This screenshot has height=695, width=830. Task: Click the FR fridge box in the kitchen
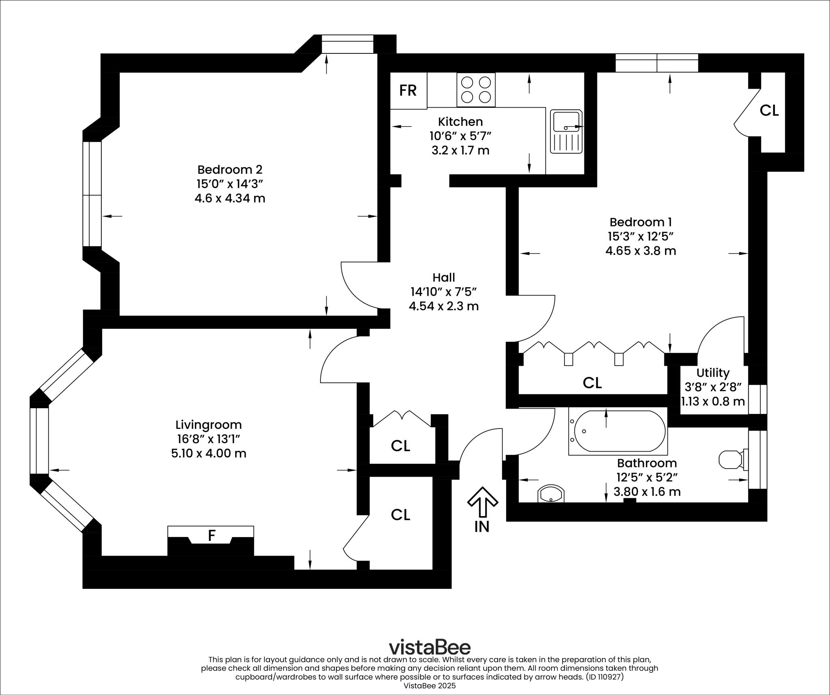[x=408, y=90]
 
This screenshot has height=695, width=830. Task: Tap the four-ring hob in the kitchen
[x=476, y=90]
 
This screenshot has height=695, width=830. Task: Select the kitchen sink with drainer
[x=566, y=131]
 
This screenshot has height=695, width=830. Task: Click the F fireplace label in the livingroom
[x=211, y=536]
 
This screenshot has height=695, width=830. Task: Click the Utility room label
[x=713, y=373]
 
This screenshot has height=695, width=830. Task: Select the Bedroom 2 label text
[x=230, y=169]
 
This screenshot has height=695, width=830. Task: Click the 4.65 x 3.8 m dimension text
[x=640, y=251]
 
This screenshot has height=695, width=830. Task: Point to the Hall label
[x=444, y=277]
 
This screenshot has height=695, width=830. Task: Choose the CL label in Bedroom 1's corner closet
[x=769, y=111]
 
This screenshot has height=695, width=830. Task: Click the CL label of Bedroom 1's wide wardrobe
[x=592, y=383]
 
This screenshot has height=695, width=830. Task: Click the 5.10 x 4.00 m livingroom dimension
[x=208, y=453]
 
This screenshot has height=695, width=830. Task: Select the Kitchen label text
[x=460, y=122]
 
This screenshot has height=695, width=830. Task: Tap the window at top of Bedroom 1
[x=657, y=63]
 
